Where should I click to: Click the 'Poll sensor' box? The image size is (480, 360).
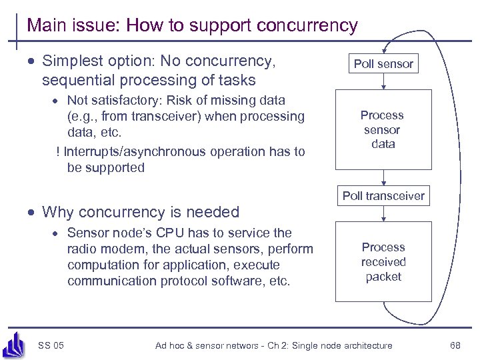click(383, 64)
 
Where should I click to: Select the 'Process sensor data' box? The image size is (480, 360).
click(383, 129)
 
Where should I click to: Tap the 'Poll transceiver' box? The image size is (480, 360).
click(383, 195)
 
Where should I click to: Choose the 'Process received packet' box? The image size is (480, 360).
click(383, 262)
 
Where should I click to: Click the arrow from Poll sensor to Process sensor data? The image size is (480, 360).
click(383, 82)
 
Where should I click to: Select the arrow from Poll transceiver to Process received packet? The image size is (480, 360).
click(383, 213)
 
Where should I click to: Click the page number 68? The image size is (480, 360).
click(455, 345)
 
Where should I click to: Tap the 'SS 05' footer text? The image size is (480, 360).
click(51, 345)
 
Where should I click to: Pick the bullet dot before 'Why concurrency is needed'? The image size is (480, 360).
click(32, 213)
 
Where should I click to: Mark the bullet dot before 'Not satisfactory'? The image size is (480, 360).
click(58, 101)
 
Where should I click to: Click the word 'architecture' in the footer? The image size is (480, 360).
click(365, 345)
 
